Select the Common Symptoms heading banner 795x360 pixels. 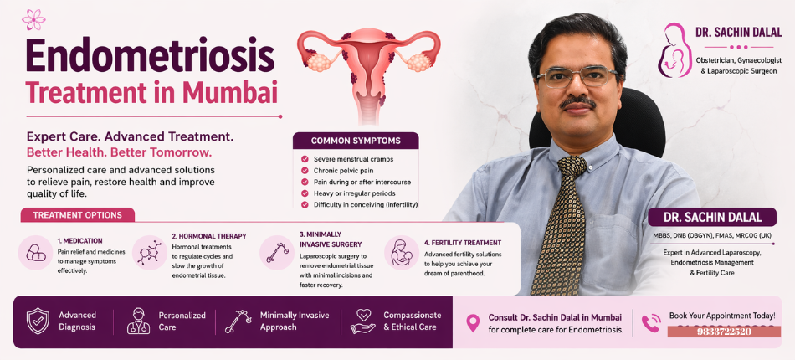coord(356,141)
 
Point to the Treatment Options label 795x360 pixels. coord(78,215)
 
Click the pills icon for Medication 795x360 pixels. coord(36,252)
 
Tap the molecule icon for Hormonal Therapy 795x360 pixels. coord(150,252)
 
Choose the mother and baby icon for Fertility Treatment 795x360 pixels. coord(402,252)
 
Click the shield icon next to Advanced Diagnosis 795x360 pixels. coord(38,321)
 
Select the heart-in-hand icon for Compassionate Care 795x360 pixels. coord(362,321)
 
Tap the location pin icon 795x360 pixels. coord(473,322)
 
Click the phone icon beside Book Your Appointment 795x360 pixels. coord(650,322)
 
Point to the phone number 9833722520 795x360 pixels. coord(723,332)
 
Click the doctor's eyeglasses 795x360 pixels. coord(577,77)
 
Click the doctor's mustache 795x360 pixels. coord(577,102)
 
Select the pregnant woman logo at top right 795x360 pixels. coord(673,49)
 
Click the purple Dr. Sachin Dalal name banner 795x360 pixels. coord(712,218)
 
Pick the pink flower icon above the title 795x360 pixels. coord(33,18)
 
